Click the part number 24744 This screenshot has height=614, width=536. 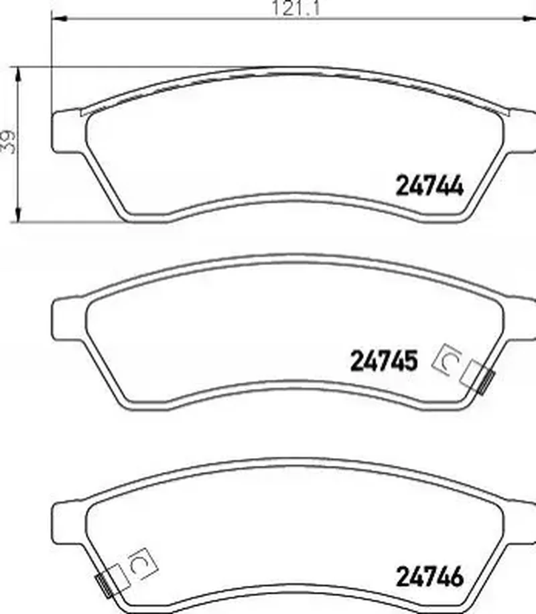pyautogui.click(x=430, y=185)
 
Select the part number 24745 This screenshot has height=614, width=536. pyautogui.click(x=384, y=361)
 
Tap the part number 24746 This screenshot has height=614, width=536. pyautogui.click(x=430, y=577)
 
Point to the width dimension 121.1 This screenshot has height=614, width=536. pyautogui.click(x=296, y=8)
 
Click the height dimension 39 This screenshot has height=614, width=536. pyautogui.click(x=8, y=141)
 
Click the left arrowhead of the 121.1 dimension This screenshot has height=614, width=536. pyautogui.click(x=59, y=18)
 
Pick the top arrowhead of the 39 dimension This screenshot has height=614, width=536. pyautogui.click(x=17, y=74)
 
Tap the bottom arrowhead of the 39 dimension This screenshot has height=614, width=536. pyautogui.click(x=17, y=216)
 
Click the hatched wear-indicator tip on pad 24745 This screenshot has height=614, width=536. pyautogui.click(x=487, y=382)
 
